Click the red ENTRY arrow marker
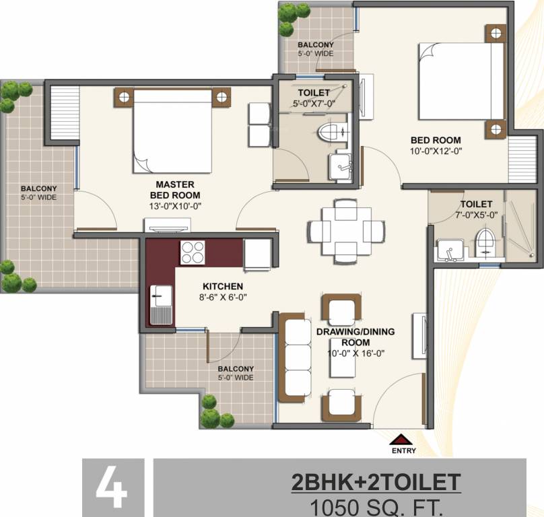tap(401, 440)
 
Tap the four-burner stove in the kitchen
tap(193, 252)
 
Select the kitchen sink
tap(162, 306)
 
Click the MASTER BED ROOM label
tap(175, 190)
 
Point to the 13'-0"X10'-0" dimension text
tap(175, 206)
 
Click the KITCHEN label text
tap(223, 286)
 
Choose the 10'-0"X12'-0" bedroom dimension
tap(436, 151)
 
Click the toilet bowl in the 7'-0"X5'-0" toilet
tap(485, 242)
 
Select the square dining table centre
tap(346, 231)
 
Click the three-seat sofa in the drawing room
tap(296, 358)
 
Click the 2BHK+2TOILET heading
tap(376, 482)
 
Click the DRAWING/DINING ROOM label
tap(355, 337)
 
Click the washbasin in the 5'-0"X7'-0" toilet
tap(341, 167)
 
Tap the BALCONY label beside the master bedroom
tap(38, 188)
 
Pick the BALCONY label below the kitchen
tap(236, 368)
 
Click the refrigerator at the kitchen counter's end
tap(257, 254)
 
